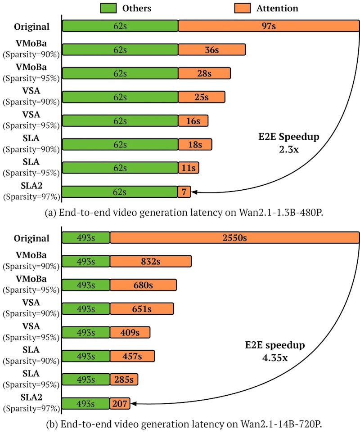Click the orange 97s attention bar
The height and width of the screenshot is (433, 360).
(x=268, y=26)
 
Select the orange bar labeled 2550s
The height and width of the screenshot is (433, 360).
(x=234, y=238)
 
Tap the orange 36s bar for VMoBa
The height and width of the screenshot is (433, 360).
(x=211, y=50)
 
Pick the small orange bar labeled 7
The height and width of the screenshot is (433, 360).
(x=184, y=192)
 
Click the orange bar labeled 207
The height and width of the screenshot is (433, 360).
(x=120, y=404)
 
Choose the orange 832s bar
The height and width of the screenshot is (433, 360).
(x=150, y=262)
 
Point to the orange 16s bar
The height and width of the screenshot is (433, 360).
(x=193, y=121)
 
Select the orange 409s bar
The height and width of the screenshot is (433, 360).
(x=130, y=333)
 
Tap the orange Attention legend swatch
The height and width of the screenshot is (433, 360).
(x=243, y=8)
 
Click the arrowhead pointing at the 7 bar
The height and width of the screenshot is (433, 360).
(x=193, y=192)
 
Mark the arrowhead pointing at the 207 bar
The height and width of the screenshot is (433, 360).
(x=133, y=404)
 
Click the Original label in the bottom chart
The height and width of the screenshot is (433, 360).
(x=31, y=238)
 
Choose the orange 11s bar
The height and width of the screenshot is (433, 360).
(x=188, y=168)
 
